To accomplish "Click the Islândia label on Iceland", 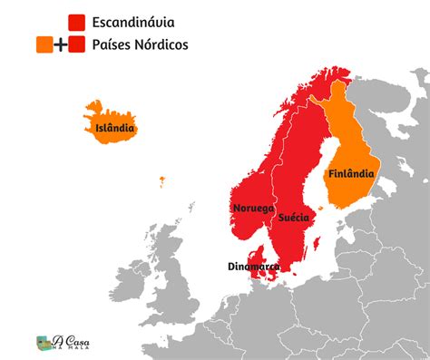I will click(x=115, y=128).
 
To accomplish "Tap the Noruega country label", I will click(x=253, y=208).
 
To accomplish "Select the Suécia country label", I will click(x=294, y=218).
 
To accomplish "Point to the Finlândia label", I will click(x=351, y=170).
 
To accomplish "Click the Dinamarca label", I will click(x=253, y=267).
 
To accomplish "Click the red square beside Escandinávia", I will click(x=76, y=21).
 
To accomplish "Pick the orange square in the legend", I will click(x=43, y=44).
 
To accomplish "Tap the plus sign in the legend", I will click(x=60, y=44).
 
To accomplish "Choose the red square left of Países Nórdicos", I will click(x=76, y=44).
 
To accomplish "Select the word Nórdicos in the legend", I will click(x=161, y=44).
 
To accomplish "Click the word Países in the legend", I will click(x=112, y=44).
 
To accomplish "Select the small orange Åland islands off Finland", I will click(x=320, y=203).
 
